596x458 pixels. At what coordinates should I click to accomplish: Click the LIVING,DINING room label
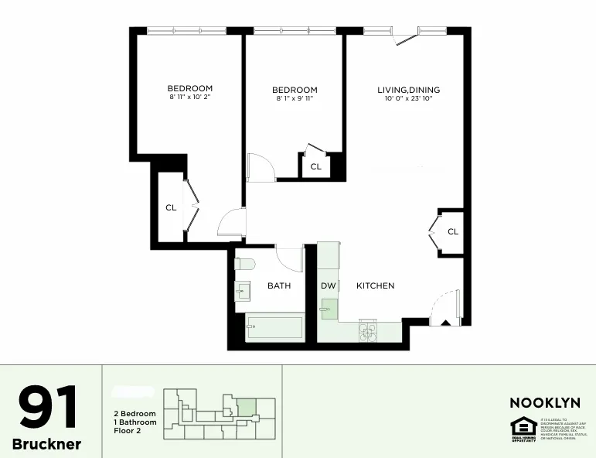pos(408,90)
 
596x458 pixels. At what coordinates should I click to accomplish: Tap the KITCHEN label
pos(375,285)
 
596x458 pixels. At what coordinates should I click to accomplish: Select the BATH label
pos(279,285)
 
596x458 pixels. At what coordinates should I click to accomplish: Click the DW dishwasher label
pos(328,285)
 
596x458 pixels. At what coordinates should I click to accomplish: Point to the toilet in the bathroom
pos(245,264)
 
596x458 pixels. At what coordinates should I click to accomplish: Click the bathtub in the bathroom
pos(274,328)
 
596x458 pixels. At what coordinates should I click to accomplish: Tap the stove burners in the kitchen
pos(367,330)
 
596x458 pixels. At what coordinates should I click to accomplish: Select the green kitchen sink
pos(329,309)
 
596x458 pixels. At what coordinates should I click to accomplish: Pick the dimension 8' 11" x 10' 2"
pos(190,97)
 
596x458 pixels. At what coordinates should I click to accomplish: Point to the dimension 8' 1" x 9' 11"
pos(295,98)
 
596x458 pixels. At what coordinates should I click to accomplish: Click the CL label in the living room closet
pos(453,231)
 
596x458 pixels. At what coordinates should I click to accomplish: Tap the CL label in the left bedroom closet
pos(171,207)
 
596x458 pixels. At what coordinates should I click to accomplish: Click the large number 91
pos(48,408)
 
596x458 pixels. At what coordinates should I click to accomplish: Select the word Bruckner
pos(46,445)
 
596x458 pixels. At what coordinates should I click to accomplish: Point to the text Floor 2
pos(130,431)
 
